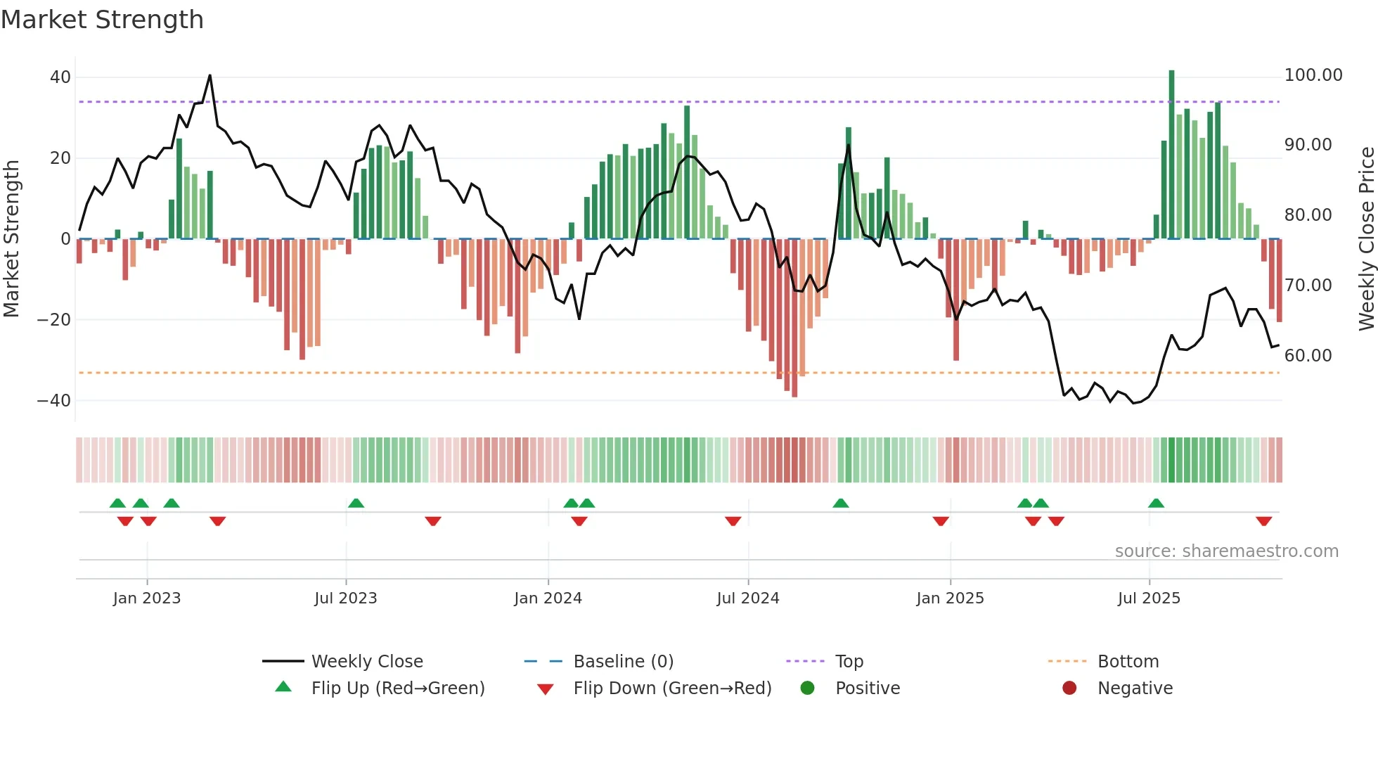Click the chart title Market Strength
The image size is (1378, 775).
[x=102, y=20]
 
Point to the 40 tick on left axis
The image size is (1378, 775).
[x=60, y=77]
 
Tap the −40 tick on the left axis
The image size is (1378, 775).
[x=54, y=401]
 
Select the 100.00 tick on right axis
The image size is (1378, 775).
[x=1313, y=75]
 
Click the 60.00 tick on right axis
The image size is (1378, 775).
[x=1308, y=356]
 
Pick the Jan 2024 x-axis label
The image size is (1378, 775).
[x=548, y=598]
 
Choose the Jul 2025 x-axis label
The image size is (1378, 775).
[x=1149, y=598]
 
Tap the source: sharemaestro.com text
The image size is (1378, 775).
[x=1226, y=551]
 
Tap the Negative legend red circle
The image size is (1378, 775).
[x=1069, y=688]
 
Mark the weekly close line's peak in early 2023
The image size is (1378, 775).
[x=210, y=75]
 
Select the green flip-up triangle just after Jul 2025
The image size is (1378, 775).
[x=1156, y=504]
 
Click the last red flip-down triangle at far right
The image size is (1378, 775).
[x=1263, y=521]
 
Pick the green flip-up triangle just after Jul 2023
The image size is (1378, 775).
[x=356, y=504]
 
